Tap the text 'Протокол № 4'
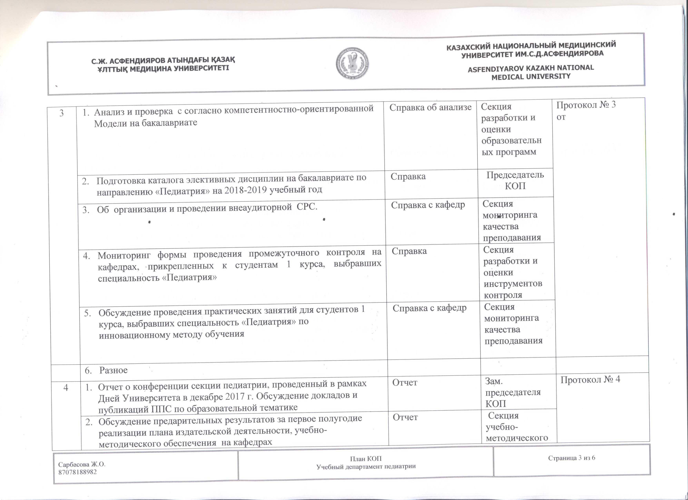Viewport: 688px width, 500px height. click(590, 379)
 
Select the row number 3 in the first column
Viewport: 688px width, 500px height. click(62, 113)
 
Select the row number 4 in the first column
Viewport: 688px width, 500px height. click(66, 387)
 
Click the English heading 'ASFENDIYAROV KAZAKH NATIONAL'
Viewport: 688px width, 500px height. click(531, 68)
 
